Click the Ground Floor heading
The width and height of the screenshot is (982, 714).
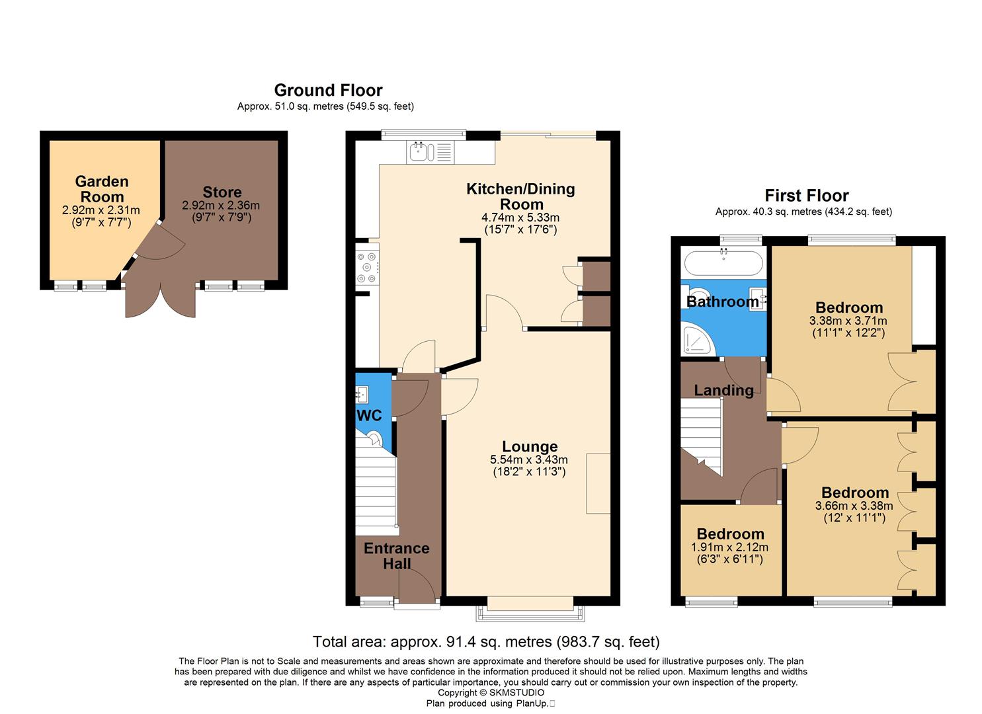pyautogui.click(x=328, y=90)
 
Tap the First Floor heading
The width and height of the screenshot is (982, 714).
pyautogui.click(x=806, y=196)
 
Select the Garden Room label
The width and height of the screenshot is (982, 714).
pyautogui.click(x=101, y=189)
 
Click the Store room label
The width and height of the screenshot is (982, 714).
pyautogui.click(x=222, y=192)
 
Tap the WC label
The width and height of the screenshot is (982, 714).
pyautogui.click(x=369, y=416)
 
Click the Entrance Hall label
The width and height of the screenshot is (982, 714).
pyautogui.click(x=396, y=556)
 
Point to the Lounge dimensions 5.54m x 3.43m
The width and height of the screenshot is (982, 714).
pyautogui.click(x=528, y=460)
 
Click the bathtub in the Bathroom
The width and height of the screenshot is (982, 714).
pyautogui.click(x=723, y=263)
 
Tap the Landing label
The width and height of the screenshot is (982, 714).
pyautogui.click(x=723, y=390)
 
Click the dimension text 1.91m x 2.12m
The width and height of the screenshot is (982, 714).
pyautogui.click(x=729, y=547)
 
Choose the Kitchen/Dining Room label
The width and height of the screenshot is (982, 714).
pyautogui.click(x=520, y=196)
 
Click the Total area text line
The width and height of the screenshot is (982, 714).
pyautogui.click(x=486, y=641)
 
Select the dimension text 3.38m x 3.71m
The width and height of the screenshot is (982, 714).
pyautogui.click(x=848, y=321)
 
